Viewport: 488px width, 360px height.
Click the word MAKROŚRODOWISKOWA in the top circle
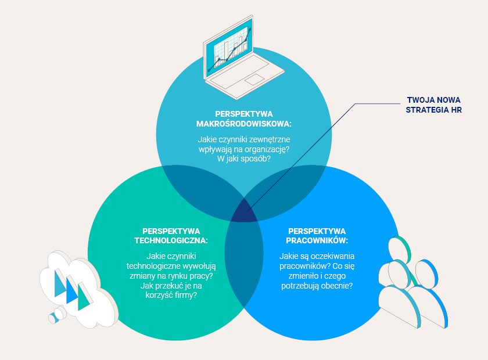click(243, 123)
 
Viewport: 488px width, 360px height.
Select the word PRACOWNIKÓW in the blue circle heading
click(317, 240)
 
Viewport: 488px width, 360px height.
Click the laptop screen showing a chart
click(227, 50)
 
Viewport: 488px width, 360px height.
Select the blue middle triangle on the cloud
click(71, 289)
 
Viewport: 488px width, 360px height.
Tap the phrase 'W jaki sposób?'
click(243, 159)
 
